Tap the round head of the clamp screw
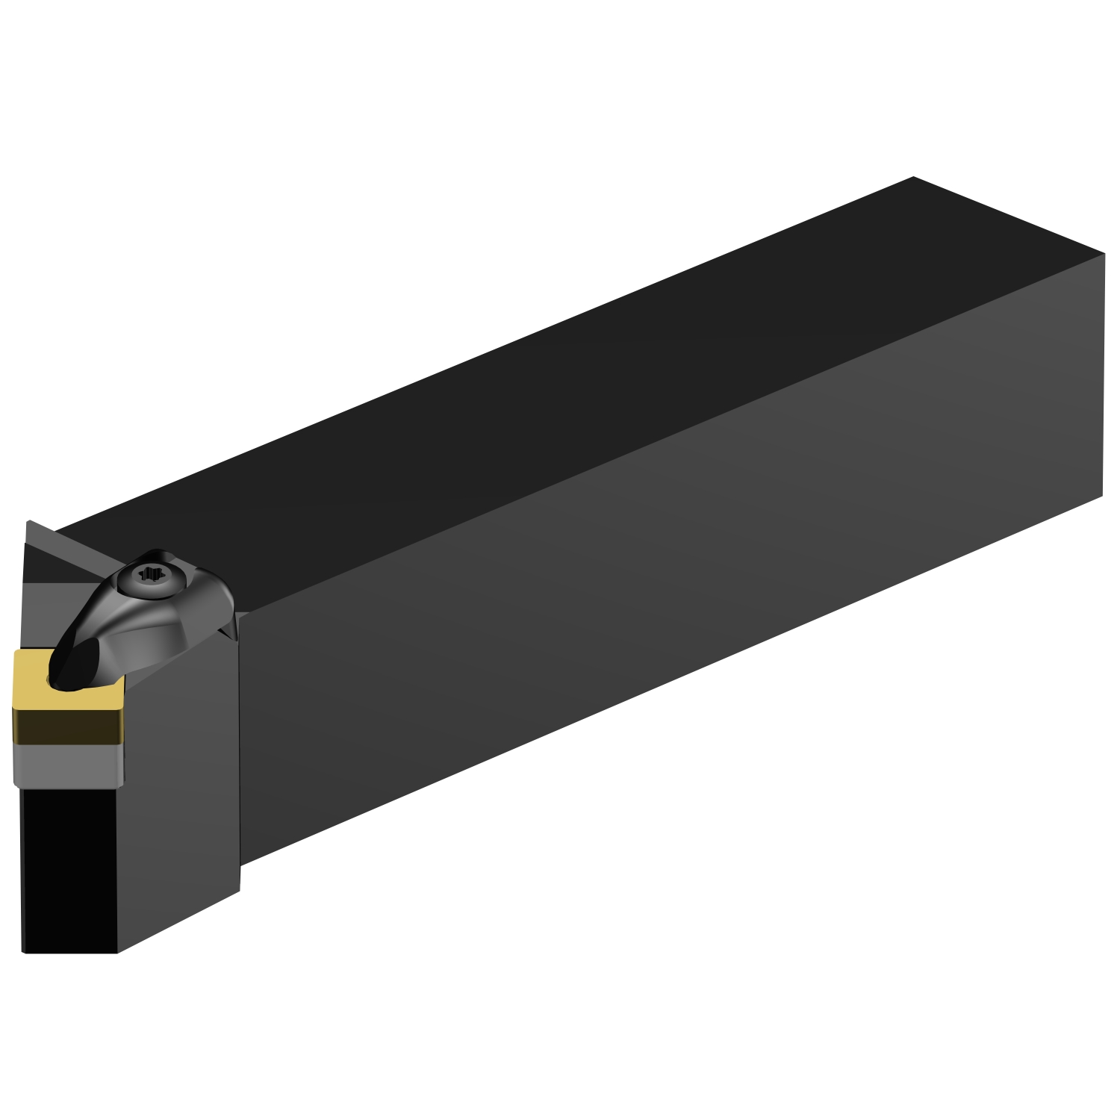point(155,576)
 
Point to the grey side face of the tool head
point(179,784)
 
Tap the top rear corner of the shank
point(1104,254)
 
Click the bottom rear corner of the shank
point(1102,495)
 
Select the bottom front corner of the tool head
point(117,953)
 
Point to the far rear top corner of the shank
point(913,178)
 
